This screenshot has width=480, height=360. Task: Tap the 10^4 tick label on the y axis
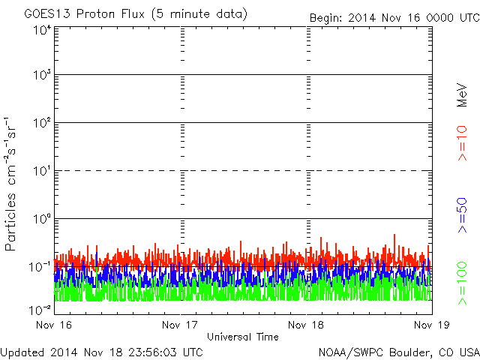(42, 29)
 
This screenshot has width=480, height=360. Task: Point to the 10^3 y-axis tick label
(42, 76)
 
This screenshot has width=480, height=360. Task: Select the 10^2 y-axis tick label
(42, 124)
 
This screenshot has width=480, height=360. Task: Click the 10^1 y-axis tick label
(42, 172)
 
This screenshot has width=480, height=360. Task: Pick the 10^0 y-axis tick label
(42, 220)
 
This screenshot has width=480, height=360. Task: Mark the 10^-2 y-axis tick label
(40, 310)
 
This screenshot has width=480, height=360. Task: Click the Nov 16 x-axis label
(54, 325)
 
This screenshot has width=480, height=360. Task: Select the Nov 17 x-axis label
(180, 325)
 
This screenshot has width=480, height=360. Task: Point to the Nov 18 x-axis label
(307, 325)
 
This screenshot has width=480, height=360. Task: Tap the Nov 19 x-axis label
(431, 325)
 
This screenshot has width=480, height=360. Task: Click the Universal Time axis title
(242, 337)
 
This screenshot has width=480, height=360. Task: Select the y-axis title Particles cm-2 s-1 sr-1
(11, 184)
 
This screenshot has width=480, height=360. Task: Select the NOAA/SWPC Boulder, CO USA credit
(398, 351)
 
